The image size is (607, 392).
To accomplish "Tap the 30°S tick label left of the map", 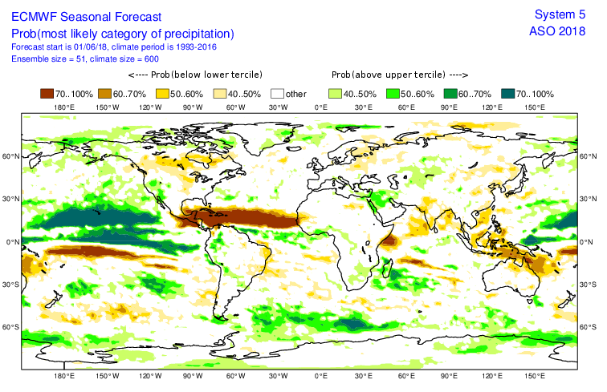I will [10, 285].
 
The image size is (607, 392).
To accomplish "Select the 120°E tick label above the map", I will [491, 107].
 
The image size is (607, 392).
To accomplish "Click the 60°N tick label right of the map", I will [593, 156].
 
